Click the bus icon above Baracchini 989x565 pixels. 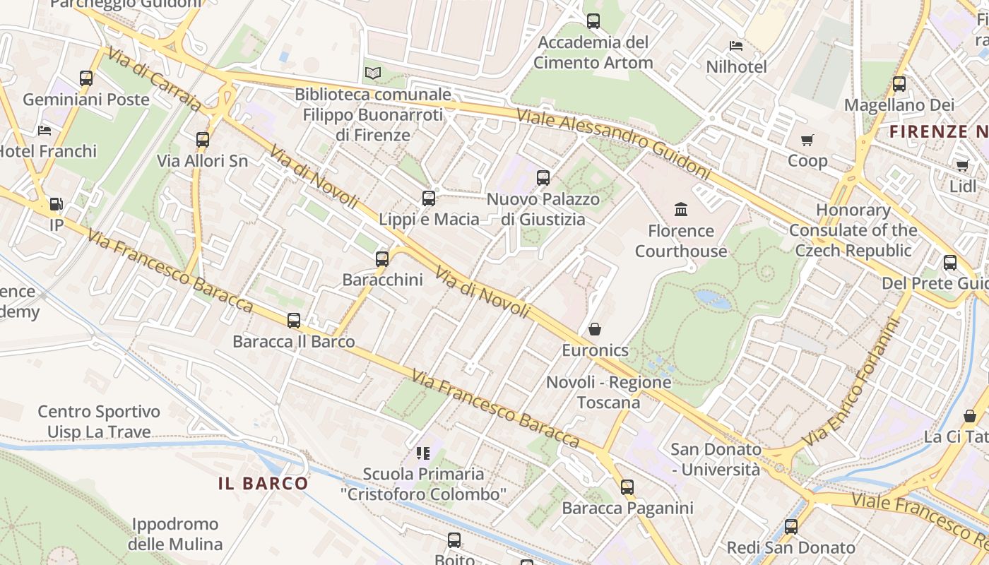tap(382, 259)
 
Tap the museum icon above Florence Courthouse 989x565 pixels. tap(681, 210)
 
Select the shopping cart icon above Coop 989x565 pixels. tap(807, 140)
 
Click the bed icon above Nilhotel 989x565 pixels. tap(736, 47)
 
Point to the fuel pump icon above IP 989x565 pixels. tap(56, 205)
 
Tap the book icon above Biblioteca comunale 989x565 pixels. tap(373, 73)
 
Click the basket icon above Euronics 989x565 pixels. tap(595, 329)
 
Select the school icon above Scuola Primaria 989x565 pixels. tap(423, 453)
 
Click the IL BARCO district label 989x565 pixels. tap(263, 484)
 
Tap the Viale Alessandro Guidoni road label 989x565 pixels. tap(612, 143)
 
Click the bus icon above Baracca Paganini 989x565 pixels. tap(627, 487)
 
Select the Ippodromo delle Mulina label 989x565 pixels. tap(175, 535)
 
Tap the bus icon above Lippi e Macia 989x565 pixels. tap(429, 198)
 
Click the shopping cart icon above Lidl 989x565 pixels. tap(962, 166)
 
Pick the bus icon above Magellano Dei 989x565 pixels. tap(899, 84)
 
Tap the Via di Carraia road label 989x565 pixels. tap(153, 80)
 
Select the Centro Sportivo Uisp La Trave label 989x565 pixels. tap(99, 422)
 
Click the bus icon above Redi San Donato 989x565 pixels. tap(791, 527)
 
